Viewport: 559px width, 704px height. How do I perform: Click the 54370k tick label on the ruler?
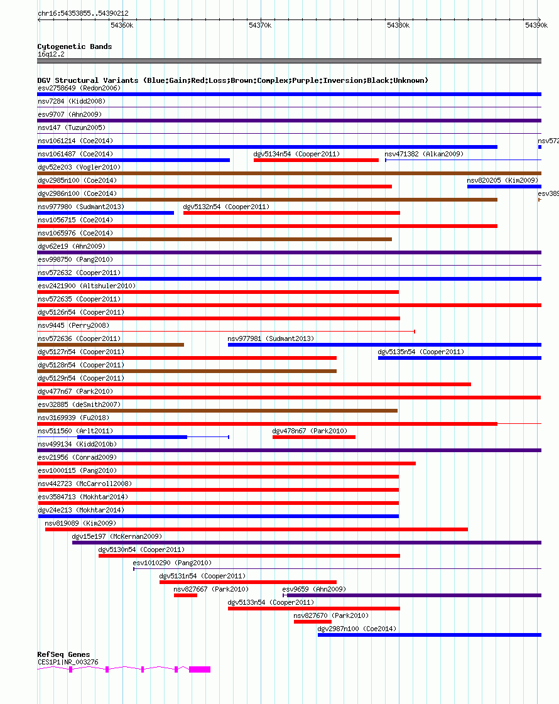[260, 25]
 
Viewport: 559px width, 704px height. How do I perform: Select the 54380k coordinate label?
[398, 25]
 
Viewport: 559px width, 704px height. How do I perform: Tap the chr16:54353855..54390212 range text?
[83, 13]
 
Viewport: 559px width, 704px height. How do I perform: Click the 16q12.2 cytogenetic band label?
[51, 54]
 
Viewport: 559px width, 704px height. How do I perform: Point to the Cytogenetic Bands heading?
[74, 46]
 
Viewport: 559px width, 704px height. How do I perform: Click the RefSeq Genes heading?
[63, 654]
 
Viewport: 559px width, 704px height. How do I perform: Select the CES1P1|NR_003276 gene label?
[68, 661]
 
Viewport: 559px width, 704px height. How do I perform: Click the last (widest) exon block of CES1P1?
[200, 669]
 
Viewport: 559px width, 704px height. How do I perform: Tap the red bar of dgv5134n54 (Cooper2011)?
[316, 160]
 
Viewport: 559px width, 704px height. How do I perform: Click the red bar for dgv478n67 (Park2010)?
[313, 437]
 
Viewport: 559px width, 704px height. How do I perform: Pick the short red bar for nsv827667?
[185, 595]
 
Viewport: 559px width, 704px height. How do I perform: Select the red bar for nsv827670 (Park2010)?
[312, 622]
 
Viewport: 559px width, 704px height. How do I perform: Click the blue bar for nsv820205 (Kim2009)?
[502, 187]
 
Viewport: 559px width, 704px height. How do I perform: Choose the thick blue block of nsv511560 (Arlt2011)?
[132, 437]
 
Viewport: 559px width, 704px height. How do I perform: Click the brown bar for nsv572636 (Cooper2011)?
[111, 345]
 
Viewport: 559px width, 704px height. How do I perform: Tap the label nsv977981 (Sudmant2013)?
[271, 338]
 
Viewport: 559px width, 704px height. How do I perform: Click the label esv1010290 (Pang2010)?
[172, 563]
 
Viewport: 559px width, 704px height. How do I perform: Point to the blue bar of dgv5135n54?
[459, 358]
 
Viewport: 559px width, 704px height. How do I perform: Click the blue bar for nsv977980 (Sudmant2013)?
[106, 213]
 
